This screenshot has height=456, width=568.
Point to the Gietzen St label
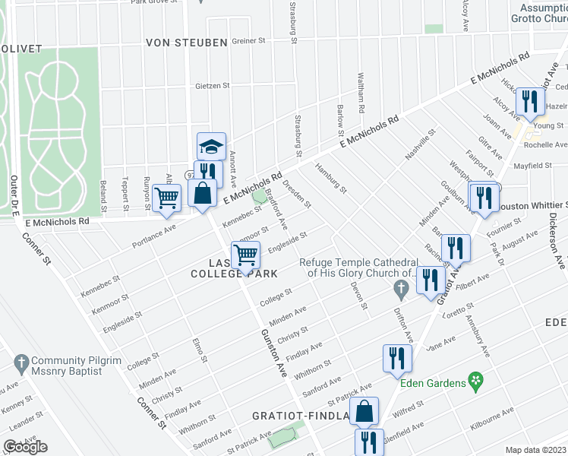pyautogui.click(x=212, y=86)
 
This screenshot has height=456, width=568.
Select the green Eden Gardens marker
pyautogui.click(x=476, y=378)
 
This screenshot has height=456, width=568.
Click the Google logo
pyautogui.click(x=25, y=447)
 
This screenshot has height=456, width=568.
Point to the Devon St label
pyautogui.click(x=358, y=296)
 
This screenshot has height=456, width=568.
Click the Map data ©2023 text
pyautogui.click(x=536, y=450)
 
